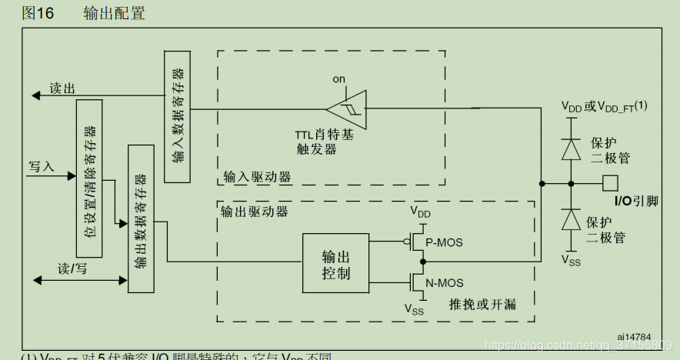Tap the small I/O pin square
pos(610,183)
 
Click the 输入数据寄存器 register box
pos(178,116)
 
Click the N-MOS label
pos(444,282)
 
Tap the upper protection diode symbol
pos(570,148)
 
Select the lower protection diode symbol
pos(570,221)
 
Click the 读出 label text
pos(62,88)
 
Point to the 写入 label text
pos(42,166)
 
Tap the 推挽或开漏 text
pos(482,305)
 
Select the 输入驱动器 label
pos(257,177)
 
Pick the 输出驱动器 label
pos(254,212)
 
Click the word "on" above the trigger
pos(339,79)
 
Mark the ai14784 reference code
pos(633,336)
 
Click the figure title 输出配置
pos(114,13)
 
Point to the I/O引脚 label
pos(636,202)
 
